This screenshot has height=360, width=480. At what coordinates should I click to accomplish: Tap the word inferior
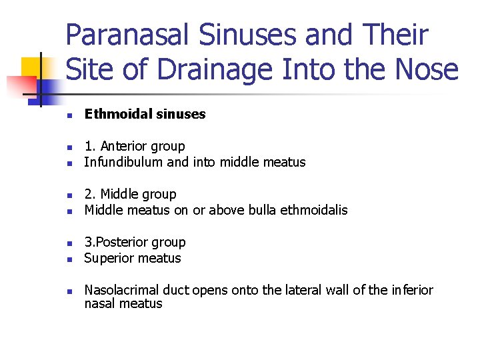[410, 290]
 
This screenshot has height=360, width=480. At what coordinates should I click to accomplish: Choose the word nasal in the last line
[99, 304]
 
